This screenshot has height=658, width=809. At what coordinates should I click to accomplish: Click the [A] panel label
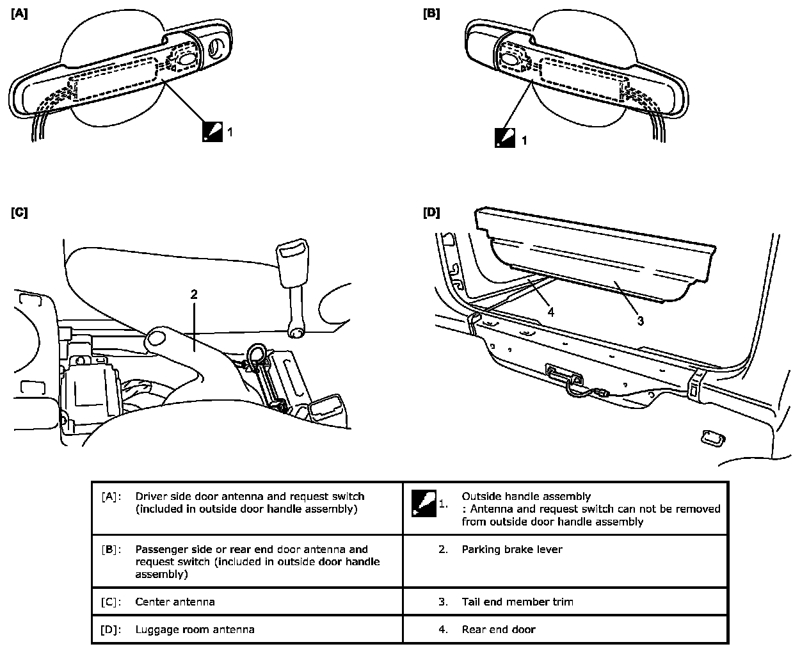click(x=19, y=13)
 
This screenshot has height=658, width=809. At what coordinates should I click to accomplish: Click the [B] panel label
click(x=431, y=13)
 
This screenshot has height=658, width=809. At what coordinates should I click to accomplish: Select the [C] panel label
click(x=19, y=212)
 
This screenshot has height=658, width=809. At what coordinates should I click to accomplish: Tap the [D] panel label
click(x=431, y=212)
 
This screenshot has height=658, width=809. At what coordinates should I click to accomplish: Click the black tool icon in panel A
click(x=212, y=131)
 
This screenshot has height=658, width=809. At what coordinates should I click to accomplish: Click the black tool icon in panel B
click(x=504, y=138)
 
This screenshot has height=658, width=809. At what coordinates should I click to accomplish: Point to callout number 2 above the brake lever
click(x=194, y=294)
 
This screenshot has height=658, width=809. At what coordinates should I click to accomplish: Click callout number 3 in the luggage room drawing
click(x=641, y=321)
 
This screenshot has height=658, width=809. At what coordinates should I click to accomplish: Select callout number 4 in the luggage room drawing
click(x=551, y=313)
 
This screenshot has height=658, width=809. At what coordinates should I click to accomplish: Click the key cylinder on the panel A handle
click(x=217, y=47)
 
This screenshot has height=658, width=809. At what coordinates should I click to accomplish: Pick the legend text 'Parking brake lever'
click(x=511, y=549)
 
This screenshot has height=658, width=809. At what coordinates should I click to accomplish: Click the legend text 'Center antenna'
click(x=175, y=602)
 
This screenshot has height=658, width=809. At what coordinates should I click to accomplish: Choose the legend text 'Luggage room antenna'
click(x=195, y=629)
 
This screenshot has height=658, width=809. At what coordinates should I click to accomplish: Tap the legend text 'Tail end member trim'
click(x=517, y=602)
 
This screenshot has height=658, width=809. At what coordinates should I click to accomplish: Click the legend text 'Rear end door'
click(x=498, y=629)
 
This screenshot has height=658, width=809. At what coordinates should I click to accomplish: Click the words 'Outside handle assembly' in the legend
click(x=526, y=496)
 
